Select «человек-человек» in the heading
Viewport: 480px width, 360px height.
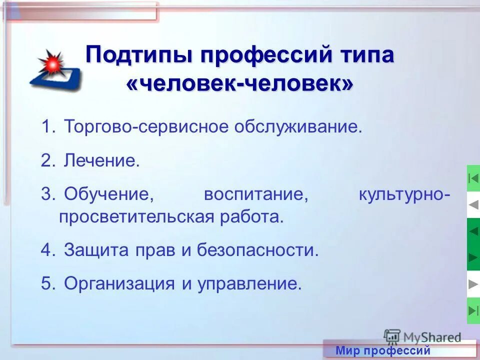[239, 83]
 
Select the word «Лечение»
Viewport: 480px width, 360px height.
[101, 161]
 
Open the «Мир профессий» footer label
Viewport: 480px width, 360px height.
[383, 350]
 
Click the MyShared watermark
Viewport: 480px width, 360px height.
[422, 336]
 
